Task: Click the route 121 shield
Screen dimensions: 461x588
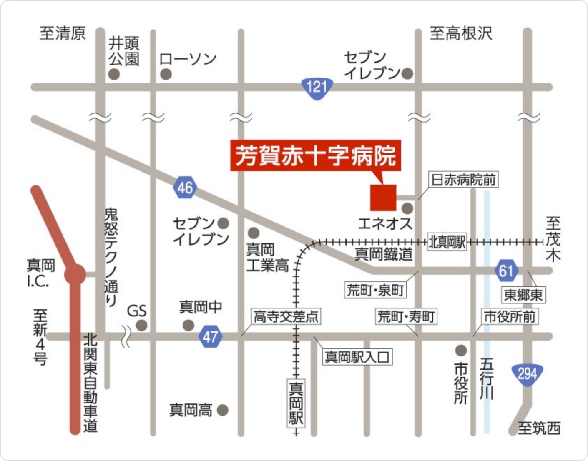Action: (x=317, y=88)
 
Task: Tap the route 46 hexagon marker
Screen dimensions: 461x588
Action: (x=185, y=188)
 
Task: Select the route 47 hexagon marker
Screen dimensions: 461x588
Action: (x=210, y=336)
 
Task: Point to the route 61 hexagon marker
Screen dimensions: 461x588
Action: (x=506, y=271)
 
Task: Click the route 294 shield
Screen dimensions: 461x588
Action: (x=527, y=374)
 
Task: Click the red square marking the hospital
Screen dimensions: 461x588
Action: (x=383, y=198)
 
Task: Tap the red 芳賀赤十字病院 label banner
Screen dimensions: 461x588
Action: (x=316, y=155)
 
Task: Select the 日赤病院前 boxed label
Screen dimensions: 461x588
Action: (x=463, y=180)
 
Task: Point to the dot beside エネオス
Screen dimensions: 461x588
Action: (x=407, y=208)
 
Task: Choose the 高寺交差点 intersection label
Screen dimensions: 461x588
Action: (x=286, y=317)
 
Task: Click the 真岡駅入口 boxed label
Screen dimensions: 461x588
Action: (x=357, y=357)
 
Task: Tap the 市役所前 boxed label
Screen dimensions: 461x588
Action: (x=510, y=317)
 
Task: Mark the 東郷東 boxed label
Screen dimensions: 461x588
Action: (x=523, y=295)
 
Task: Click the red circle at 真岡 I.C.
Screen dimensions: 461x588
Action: (x=75, y=274)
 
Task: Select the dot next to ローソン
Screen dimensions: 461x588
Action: (x=166, y=74)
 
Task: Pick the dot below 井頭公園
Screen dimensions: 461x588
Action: (x=114, y=74)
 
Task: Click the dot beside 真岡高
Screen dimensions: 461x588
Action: (x=222, y=410)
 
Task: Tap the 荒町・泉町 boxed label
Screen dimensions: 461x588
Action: (x=375, y=290)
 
